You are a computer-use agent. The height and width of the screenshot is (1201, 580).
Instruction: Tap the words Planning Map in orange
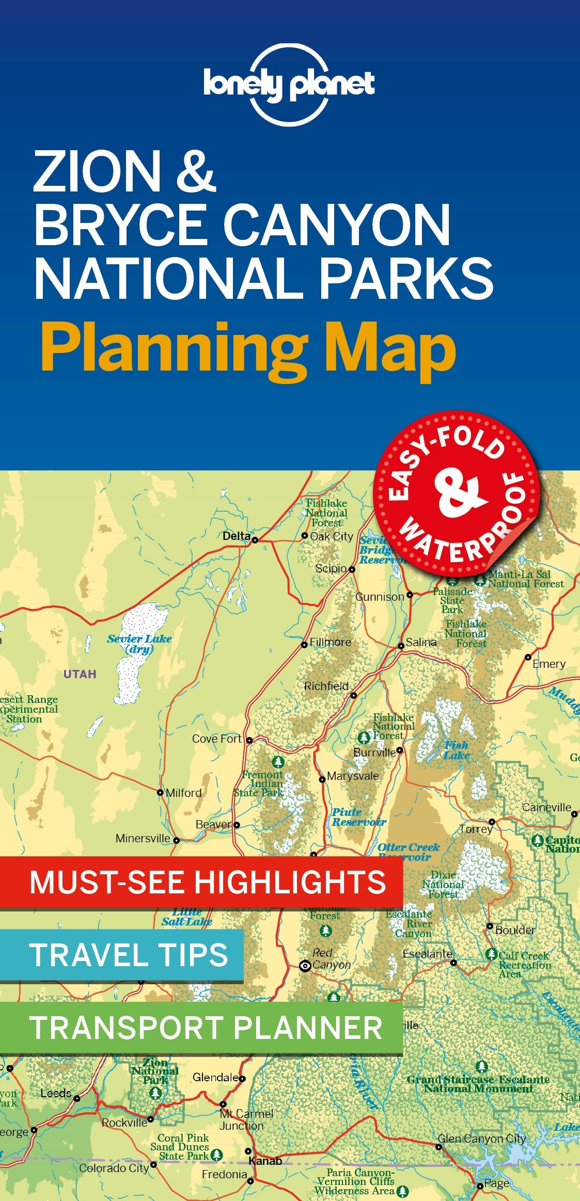click(x=248, y=347)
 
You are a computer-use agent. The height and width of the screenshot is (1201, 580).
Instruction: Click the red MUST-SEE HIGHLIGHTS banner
click(x=201, y=882)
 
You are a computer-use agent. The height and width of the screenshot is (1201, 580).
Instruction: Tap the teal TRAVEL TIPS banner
click(x=121, y=955)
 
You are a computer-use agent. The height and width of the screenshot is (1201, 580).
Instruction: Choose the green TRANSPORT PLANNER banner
click(x=201, y=1028)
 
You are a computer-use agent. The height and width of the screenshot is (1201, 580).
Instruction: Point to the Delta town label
click(x=237, y=536)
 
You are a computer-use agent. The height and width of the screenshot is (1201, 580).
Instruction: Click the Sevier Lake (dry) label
click(x=139, y=644)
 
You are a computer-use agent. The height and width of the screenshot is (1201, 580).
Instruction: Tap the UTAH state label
click(x=80, y=674)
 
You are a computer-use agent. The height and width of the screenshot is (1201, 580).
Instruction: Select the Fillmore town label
click(x=330, y=642)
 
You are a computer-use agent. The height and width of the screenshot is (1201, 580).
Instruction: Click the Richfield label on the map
click(x=326, y=686)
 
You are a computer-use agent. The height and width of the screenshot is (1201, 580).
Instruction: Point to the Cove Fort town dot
click(x=249, y=740)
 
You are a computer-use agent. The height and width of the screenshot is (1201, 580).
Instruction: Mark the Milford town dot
click(x=160, y=792)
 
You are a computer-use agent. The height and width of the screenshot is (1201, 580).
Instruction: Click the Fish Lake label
click(x=457, y=750)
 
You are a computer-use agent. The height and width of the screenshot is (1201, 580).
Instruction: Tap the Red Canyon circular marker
click(x=305, y=966)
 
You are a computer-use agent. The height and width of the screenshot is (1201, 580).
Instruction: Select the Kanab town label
click(x=265, y=1161)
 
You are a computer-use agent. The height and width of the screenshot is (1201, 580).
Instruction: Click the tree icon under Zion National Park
click(x=155, y=1093)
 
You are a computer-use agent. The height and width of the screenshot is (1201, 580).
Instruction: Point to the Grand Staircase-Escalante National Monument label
click(x=478, y=1084)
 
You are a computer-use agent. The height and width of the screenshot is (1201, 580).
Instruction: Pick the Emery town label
click(x=549, y=664)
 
